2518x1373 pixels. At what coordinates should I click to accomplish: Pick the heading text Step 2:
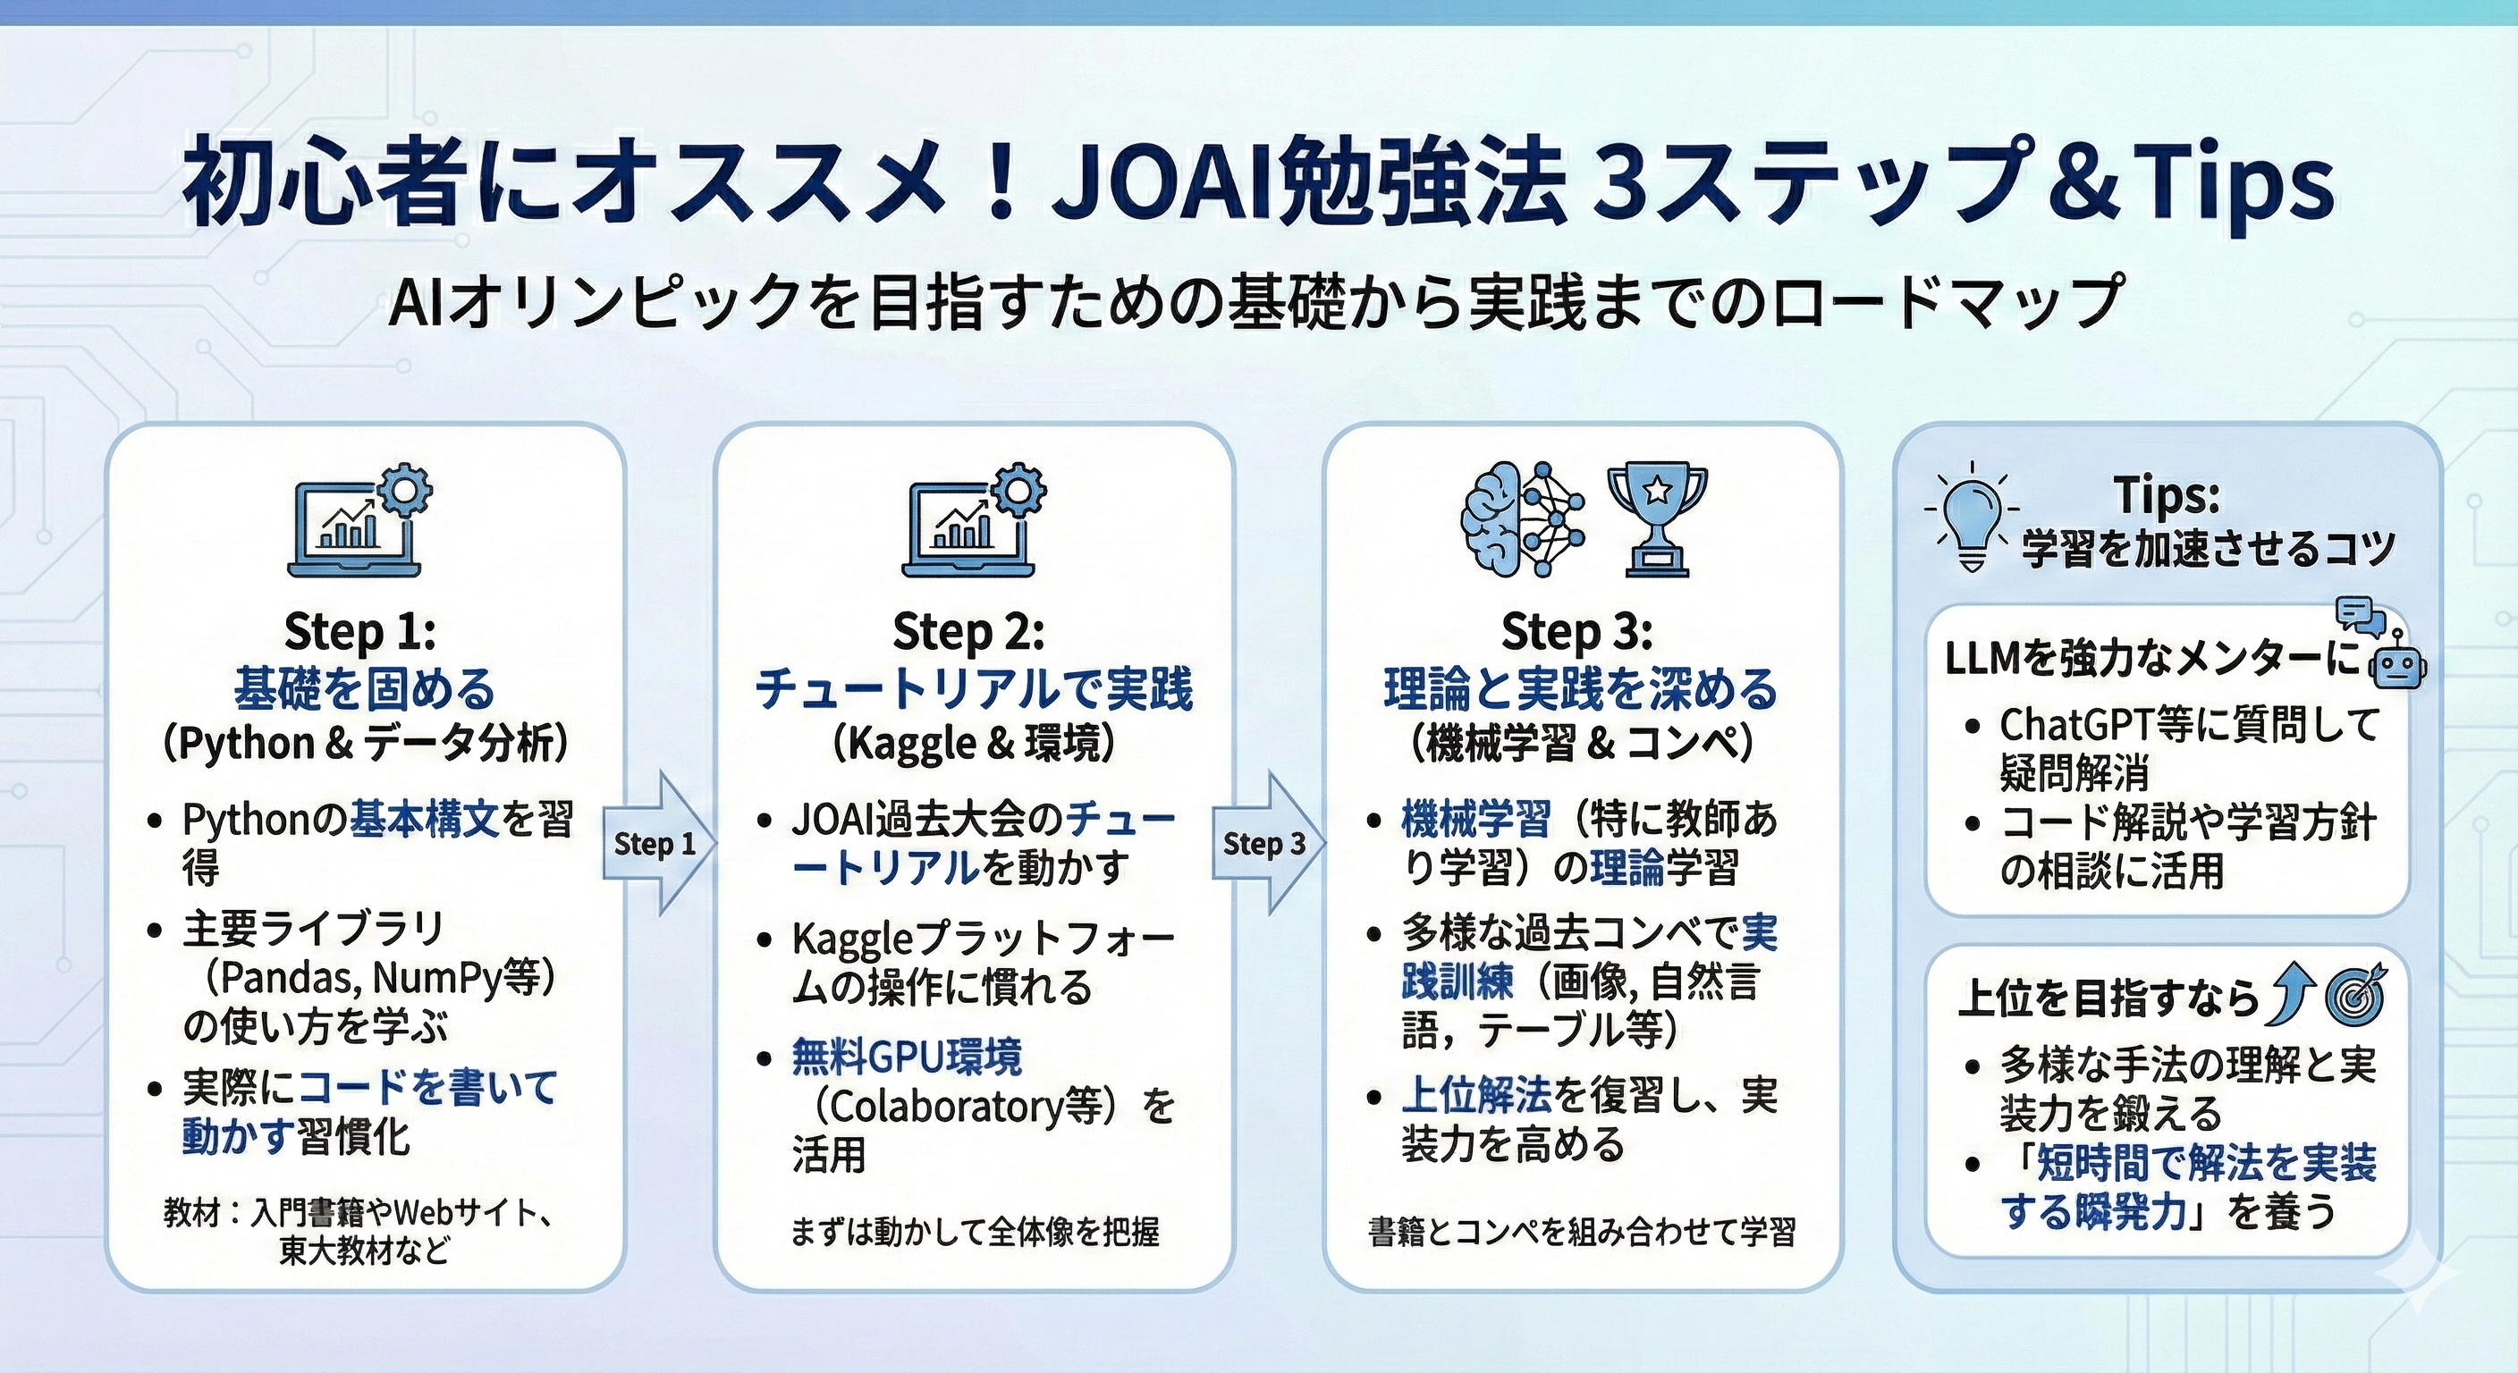point(968,632)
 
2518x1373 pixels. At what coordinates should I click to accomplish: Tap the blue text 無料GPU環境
point(906,1057)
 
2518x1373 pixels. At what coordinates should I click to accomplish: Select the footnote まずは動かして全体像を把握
point(975,1231)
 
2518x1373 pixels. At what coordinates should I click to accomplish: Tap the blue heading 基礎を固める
point(365,689)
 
